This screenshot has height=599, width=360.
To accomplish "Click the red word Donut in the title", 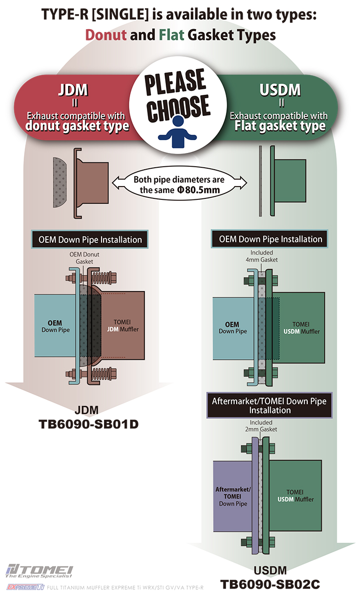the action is tap(106, 35).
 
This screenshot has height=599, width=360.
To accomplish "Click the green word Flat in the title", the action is tap(172, 35).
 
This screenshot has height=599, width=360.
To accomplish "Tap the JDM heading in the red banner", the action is tap(73, 90).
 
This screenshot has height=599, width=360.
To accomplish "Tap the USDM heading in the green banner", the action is tap(280, 90).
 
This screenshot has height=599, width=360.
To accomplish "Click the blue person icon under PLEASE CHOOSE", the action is tap(178, 132).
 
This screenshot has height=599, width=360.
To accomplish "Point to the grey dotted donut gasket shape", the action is tap(60, 182).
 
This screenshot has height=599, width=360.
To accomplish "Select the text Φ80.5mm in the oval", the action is tap(198, 190).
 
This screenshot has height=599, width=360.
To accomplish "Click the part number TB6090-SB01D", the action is tap(89, 424).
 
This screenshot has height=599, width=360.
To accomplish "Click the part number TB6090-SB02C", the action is tap(270, 584).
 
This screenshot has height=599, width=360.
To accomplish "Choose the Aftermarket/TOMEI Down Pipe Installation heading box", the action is tap(269, 406).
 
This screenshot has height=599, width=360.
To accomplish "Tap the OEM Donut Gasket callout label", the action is tap(84, 258).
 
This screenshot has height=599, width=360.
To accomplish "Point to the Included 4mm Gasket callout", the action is tap(262, 256).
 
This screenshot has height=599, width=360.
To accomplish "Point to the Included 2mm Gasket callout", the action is tap(261, 426).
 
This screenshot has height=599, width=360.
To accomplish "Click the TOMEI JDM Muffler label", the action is tap(123, 326).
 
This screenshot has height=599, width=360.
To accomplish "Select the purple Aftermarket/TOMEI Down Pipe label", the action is tap(233, 496).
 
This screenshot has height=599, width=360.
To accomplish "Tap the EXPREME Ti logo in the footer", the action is tap(25, 587).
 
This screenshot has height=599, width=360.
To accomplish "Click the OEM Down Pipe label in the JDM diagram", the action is tap(55, 326).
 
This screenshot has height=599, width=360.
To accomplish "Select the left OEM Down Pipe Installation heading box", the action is tap(90, 239).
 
